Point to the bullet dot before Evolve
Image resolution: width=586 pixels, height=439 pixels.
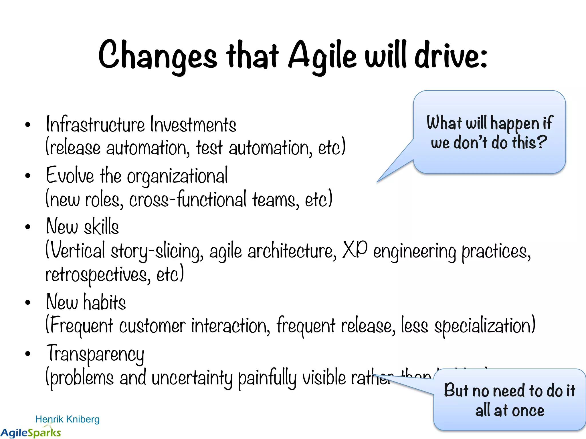[x=28, y=175]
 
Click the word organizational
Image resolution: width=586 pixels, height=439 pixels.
[x=177, y=177]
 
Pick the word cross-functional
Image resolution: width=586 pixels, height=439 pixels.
[x=187, y=199]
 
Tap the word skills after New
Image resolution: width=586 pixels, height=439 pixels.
[x=101, y=226]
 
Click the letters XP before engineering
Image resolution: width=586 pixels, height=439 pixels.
[x=355, y=249]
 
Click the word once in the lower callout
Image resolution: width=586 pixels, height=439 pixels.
[x=528, y=411]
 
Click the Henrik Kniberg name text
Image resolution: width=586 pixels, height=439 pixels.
[x=67, y=419]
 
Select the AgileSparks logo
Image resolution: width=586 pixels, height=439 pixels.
[x=31, y=432]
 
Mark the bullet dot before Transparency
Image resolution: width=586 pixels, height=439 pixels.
[x=28, y=354]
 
